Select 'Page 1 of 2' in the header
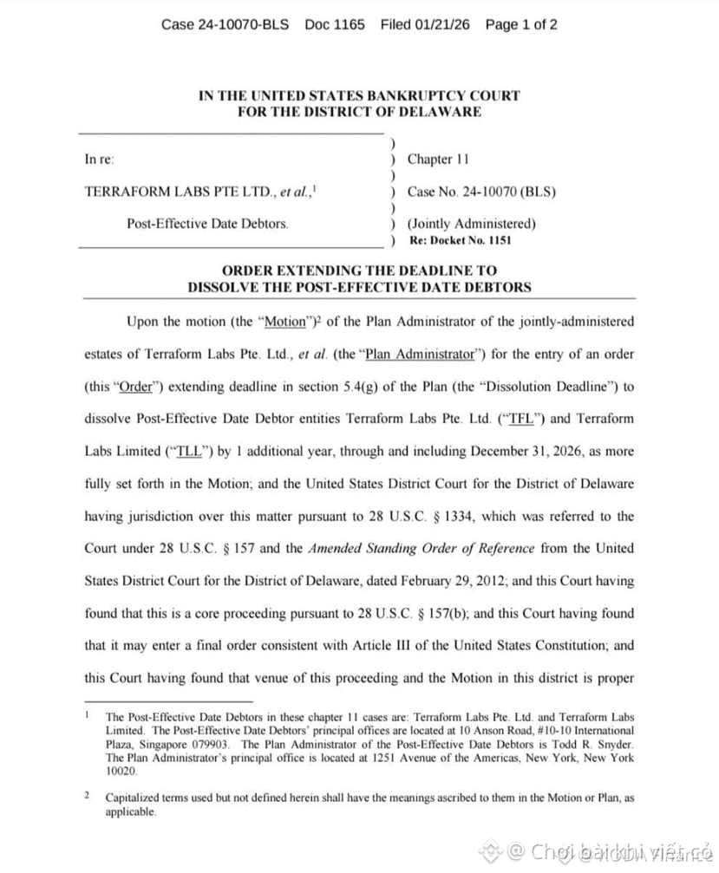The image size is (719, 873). click(x=521, y=24)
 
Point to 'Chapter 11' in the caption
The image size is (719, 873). click(x=438, y=160)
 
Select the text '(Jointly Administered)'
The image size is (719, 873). click(x=472, y=224)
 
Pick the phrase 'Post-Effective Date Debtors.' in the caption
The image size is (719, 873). click(x=208, y=224)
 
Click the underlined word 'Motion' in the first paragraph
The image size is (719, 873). click(x=284, y=322)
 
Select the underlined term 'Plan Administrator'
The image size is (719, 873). click(x=420, y=355)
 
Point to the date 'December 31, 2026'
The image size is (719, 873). click(x=513, y=452)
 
